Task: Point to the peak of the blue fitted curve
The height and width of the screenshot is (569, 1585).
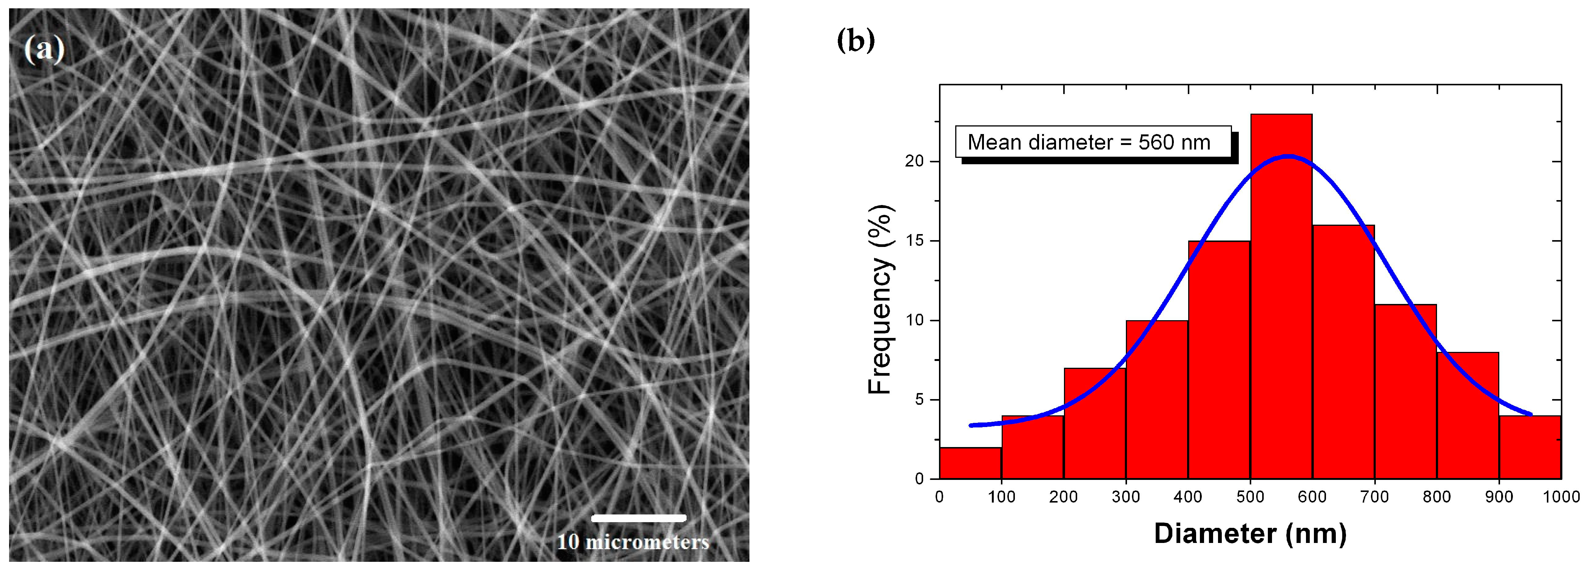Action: (x=1289, y=156)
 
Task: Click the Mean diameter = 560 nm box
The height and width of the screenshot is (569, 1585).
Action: (x=1093, y=142)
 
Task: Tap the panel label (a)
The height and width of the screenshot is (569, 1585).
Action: (x=44, y=49)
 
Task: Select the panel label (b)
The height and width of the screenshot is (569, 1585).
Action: (x=856, y=41)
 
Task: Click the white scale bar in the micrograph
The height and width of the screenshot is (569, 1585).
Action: (x=639, y=518)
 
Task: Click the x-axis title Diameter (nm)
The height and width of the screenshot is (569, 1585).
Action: (x=1250, y=534)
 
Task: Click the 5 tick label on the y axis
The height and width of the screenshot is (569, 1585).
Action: (x=919, y=400)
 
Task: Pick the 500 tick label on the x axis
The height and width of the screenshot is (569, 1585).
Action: (x=1250, y=497)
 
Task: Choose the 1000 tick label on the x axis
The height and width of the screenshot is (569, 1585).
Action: (x=1561, y=497)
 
